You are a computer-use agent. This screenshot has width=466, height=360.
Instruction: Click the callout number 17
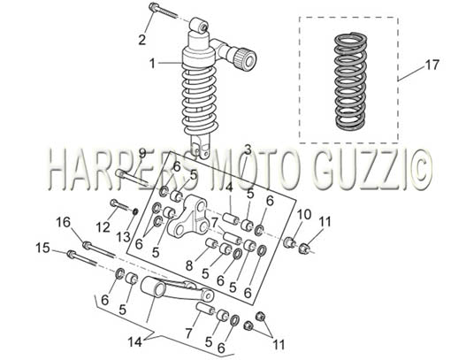(x=432, y=65)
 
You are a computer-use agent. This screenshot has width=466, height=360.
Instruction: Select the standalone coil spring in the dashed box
(x=351, y=80)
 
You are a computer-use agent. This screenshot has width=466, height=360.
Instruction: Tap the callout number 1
(x=152, y=64)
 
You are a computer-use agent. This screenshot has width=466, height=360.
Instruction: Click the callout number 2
(x=142, y=40)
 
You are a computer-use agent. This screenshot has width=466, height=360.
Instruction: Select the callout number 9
(x=142, y=153)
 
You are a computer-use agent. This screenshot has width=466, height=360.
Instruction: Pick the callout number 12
(x=103, y=227)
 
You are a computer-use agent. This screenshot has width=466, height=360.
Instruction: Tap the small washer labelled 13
(x=135, y=212)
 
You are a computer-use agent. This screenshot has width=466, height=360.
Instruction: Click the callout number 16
(x=64, y=222)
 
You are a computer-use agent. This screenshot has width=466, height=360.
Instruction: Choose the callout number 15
(x=42, y=248)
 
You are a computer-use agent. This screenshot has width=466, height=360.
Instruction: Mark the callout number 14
(x=135, y=342)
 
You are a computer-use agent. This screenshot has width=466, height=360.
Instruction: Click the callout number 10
(x=304, y=214)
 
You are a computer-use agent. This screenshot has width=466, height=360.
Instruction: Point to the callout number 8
(x=189, y=265)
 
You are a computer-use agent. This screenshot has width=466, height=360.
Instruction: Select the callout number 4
(x=228, y=188)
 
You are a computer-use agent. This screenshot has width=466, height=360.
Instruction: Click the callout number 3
(x=248, y=150)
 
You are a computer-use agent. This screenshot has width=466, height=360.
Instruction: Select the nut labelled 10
(x=289, y=242)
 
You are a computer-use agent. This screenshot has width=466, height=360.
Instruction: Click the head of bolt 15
(x=72, y=255)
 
